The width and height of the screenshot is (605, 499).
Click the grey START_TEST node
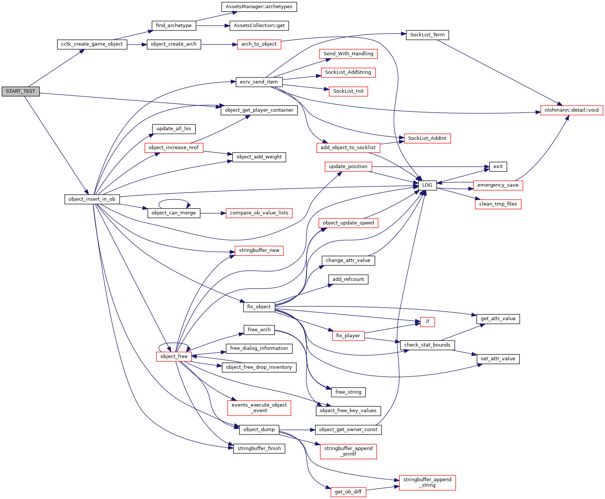tap(20, 91)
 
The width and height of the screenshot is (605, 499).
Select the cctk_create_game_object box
tap(92, 44)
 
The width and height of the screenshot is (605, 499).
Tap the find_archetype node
tap(173, 26)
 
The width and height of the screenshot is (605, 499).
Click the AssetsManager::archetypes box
tap(259, 7)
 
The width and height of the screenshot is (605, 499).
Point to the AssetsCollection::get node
tap(259, 26)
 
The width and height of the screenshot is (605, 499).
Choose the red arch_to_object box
tap(259, 44)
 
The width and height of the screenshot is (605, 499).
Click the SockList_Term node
tap(427, 35)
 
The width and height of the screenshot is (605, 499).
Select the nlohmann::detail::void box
tap(571, 110)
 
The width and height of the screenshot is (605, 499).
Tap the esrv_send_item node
tap(259, 82)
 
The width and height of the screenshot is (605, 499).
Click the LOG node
tap(427, 185)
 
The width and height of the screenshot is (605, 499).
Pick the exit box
tap(498, 167)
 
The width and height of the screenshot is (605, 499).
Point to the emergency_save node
tap(498, 185)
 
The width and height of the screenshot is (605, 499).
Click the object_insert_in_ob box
tap(92, 199)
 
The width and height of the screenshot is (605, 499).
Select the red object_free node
tap(174, 357)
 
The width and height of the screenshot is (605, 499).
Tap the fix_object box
tap(259, 307)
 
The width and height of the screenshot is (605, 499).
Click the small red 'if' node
tap(427, 322)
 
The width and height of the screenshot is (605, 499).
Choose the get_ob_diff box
tap(348, 492)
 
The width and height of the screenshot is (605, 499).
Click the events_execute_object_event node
tap(259, 408)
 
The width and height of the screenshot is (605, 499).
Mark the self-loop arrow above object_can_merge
tap(174, 200)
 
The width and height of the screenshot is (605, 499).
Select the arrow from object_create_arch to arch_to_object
tap(219, 45)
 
